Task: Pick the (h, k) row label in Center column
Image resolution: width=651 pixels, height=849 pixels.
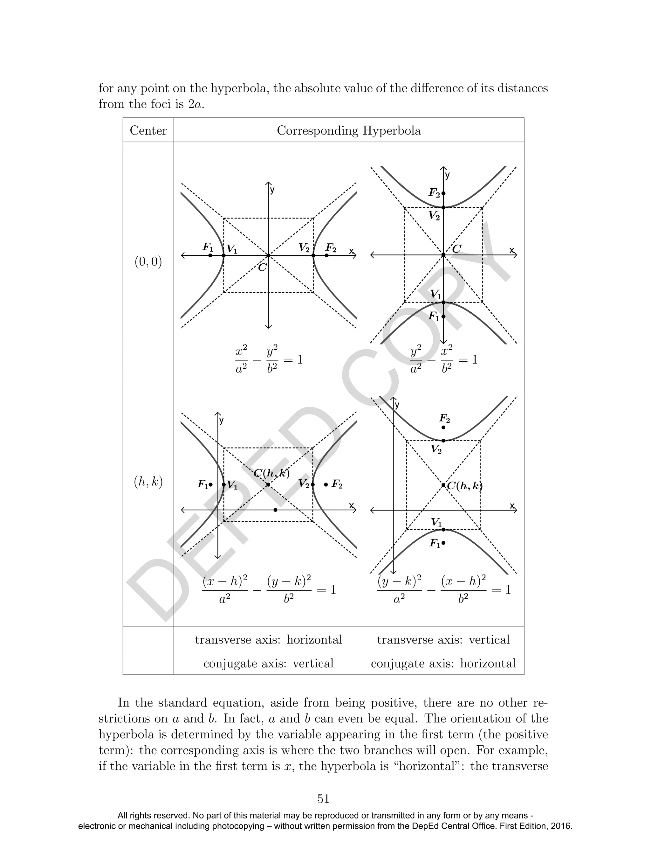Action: (148, 482)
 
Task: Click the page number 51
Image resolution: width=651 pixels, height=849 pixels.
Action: (323, 799)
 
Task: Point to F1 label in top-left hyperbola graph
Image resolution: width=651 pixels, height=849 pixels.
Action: (208, 247)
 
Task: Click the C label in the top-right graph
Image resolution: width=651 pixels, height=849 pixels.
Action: (457, 249)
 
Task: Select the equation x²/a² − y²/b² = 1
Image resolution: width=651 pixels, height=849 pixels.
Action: (269, 359)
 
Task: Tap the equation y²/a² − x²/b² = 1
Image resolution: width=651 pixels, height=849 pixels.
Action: (444, 359)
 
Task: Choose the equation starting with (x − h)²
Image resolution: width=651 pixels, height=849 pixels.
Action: (269, 590)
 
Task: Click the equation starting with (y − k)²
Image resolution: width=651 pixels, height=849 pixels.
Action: (444, 590)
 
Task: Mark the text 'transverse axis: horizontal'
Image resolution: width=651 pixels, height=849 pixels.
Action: (269, 640)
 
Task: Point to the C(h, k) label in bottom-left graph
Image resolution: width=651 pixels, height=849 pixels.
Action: (272, 473)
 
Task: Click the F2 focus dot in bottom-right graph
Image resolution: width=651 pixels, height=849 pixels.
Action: (443, 428)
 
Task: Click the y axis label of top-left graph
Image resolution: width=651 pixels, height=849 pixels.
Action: (272, 190)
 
